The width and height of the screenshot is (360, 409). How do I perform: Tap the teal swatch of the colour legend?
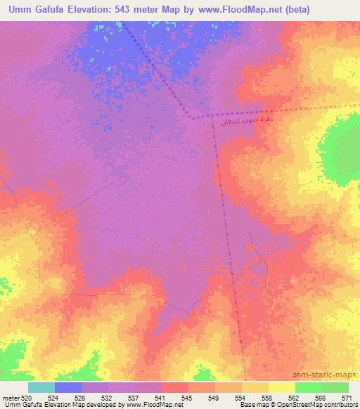point(41,387)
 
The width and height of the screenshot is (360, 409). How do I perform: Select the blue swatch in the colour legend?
point(68,387)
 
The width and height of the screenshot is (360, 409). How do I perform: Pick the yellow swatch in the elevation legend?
point(281,387)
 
